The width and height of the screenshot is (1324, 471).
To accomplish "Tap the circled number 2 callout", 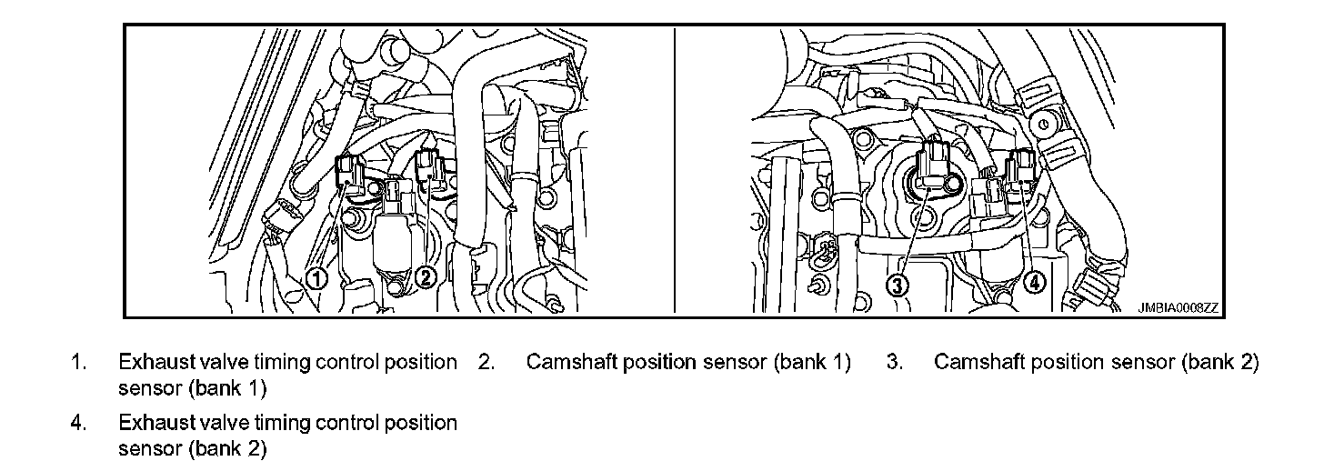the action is click(425, 278).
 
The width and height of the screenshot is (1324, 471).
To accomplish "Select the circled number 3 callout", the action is click(898, 286).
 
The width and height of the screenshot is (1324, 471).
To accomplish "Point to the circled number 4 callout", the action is click(1034, 282).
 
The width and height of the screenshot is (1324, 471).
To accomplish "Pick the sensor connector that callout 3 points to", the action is click(935, 165).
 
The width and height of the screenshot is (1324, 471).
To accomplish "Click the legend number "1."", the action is click(79, 362).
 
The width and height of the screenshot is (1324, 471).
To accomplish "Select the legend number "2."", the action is click(486, 362).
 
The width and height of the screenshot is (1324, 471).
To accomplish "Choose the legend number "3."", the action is click(894, 362).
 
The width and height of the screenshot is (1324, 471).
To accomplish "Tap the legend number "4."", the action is click(79, 423).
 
